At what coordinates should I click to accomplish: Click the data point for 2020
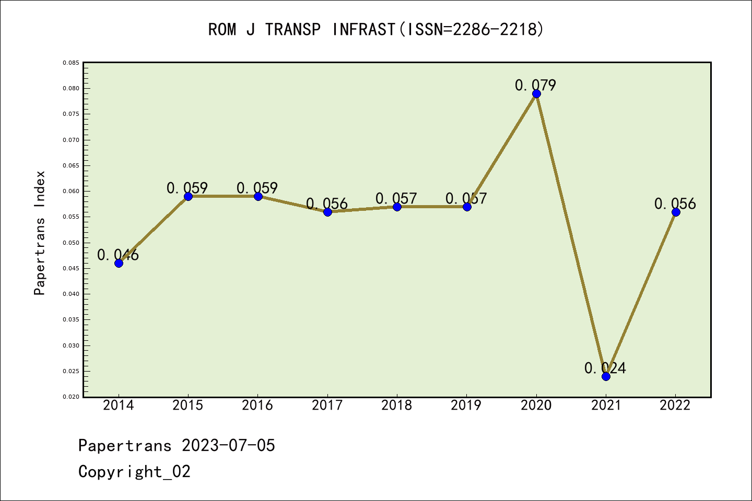(536, 94)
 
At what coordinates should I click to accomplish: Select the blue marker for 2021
(606, 376)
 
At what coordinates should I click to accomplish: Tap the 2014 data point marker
(119, 263)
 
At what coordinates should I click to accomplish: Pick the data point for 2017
(327, 212)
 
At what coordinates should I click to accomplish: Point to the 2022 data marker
(676, 212)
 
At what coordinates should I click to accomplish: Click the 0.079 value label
(535, 85)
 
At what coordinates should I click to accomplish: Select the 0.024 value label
(605, 368)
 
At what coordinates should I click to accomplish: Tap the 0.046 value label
(118, 255)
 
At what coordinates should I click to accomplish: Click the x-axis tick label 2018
(397, 405)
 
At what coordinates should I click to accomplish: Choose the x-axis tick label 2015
(188, 405)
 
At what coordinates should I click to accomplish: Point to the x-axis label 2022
(675, 405)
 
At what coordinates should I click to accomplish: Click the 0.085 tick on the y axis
(71, 63)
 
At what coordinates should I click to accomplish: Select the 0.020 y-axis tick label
(71, 397)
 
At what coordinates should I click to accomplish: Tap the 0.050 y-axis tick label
(71, 243)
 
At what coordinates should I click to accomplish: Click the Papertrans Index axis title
(40, 233)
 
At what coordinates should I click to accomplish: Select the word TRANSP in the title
(292, 29)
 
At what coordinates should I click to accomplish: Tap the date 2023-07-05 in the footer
(228, 445)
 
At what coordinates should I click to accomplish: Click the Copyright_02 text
(134, 471)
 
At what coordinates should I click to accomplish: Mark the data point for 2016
(258, 196)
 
